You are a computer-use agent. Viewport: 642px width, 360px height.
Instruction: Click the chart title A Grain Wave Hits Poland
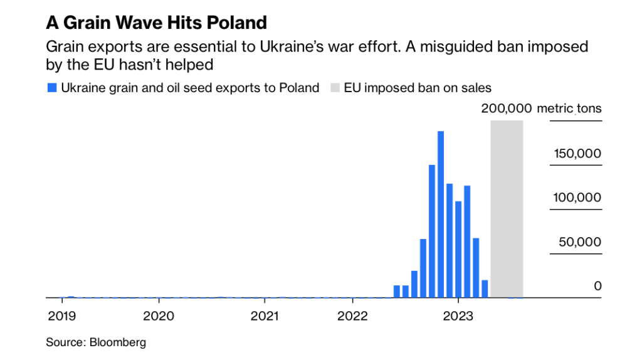(x=156, y=23)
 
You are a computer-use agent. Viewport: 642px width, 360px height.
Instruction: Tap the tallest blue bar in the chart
(x=441, y=213)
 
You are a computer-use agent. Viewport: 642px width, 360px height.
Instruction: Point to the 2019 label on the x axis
(x=61, y=315)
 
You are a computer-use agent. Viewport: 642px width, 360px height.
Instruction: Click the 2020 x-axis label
(x=159, y=315)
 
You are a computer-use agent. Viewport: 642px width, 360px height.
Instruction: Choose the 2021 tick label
(x=265, y=315)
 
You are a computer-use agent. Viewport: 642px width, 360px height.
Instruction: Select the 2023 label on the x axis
(x=458, y=315)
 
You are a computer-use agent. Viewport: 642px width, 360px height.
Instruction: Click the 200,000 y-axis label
(x=507, y=109)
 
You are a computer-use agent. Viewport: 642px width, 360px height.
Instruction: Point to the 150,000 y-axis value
(x=577, y=154)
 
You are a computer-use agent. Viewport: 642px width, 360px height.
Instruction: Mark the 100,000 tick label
(x=577, y=198)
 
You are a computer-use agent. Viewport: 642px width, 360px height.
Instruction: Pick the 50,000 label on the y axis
(x=580, y=242)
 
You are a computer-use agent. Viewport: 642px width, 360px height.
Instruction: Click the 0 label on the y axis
(x=598, y=286)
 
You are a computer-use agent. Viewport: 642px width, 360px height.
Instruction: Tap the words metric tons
(x=569, y=109)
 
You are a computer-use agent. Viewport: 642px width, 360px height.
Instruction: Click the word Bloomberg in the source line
(x=118, y=342)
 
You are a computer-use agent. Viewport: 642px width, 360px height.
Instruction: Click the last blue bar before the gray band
(x=485, y=289)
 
